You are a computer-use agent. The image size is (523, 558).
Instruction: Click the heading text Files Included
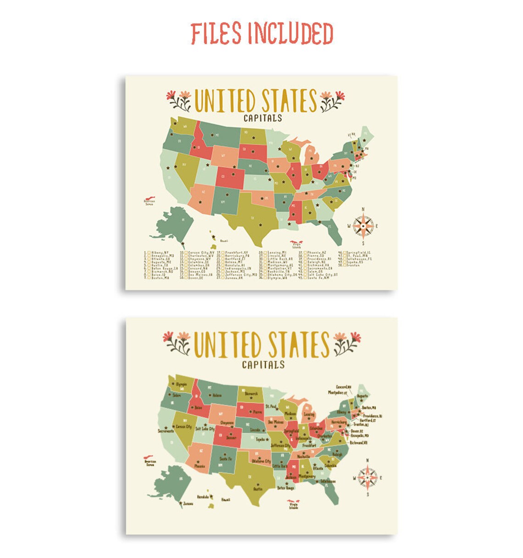tap(261, 34)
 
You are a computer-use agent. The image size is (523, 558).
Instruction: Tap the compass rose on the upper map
tap(363, 225)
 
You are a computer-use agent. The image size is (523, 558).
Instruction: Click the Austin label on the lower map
tap(258, 489)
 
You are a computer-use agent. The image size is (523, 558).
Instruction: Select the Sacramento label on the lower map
tap(166, 431)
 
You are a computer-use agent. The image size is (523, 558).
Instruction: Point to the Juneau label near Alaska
tap(188, 504)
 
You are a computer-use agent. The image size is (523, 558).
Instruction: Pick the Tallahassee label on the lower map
tap(328, 481)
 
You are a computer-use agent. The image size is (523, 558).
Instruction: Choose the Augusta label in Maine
tap(362, 395)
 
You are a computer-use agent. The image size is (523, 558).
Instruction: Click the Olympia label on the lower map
tap(181, 384)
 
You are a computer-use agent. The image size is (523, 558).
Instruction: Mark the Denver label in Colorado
tap(231, 438)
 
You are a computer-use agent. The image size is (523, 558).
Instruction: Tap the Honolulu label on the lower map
tap(203, 497)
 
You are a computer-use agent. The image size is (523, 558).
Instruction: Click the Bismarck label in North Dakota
tap(251, 394)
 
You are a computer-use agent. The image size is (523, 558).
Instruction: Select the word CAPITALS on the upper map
tap(262, 118)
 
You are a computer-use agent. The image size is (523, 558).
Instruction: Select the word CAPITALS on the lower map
tap(263, 365)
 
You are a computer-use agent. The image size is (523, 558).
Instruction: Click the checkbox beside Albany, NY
tap(149, 253)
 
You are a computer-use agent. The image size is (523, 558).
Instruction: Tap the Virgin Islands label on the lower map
tap(294, 506)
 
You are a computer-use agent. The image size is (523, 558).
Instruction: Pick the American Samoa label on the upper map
tap(150, 202)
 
